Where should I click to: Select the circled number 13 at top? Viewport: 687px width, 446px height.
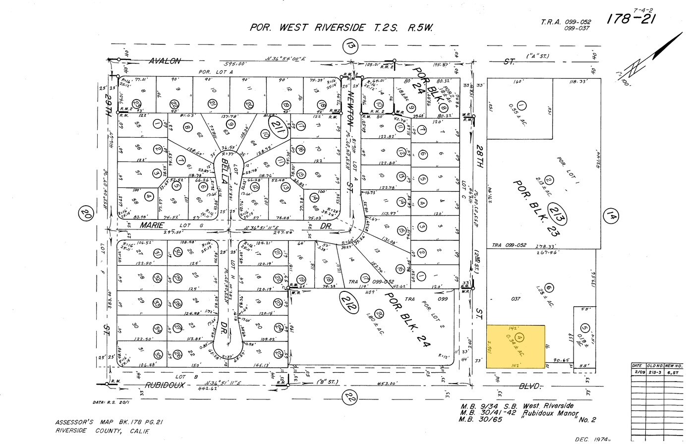[x=350, y=47]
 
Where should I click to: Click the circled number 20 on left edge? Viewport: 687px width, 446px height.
[x=86, y=215]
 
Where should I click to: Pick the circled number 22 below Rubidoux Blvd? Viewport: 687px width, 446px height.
[x=350, y=396]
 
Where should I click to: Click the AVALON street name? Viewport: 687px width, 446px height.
[x=165, y=61]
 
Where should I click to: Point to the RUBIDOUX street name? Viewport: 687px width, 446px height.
[x=165, y=385]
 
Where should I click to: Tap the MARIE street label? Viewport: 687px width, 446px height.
[x=152, y=225]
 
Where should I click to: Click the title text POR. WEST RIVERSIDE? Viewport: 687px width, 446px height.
[x=307, y=28]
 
